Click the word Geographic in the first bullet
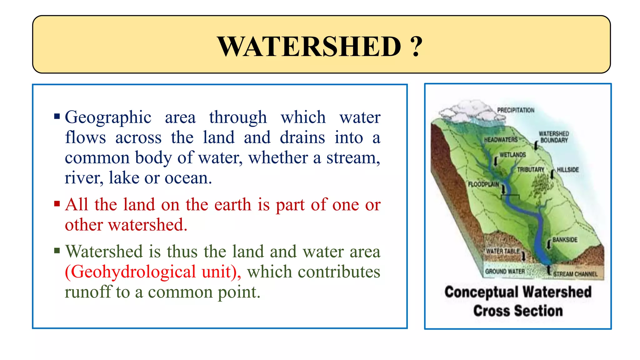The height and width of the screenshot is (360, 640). point(108,117)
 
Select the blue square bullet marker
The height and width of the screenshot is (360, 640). point(57,117)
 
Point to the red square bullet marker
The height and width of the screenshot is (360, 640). point(57,204)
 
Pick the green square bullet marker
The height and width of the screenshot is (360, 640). point(57,251)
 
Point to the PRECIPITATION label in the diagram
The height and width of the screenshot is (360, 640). point(516,110)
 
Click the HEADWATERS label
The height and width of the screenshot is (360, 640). point(501,140)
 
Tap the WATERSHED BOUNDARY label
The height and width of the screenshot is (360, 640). point(554,137)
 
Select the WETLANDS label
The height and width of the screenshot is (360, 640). point(512,155)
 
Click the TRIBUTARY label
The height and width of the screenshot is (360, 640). point(530,169)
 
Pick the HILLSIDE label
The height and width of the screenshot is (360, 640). point(568,169)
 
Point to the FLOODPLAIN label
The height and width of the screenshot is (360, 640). point(483,184)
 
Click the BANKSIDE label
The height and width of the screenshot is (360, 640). point(565,240)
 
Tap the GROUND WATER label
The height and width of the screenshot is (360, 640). point(505,271)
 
